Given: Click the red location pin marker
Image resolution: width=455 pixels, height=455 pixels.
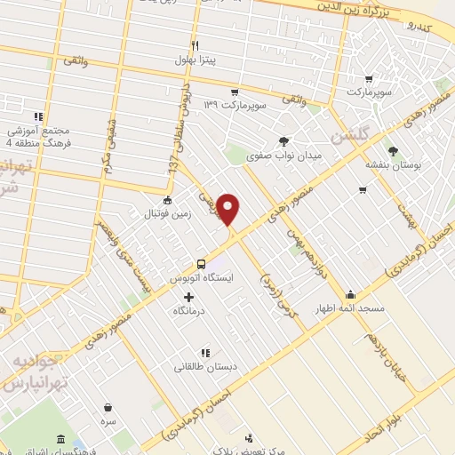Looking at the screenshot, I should [x=229, y=210].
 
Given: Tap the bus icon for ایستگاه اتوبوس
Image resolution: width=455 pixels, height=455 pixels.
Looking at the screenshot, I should [x=202, y=264].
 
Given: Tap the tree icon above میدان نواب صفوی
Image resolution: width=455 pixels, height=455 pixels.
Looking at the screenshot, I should [x=283, y=140].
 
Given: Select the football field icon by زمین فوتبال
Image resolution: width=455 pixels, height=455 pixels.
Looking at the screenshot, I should [x=167, y=199].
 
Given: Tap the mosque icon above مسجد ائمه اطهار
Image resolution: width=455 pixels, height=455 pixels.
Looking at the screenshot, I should [x=352, y=294].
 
